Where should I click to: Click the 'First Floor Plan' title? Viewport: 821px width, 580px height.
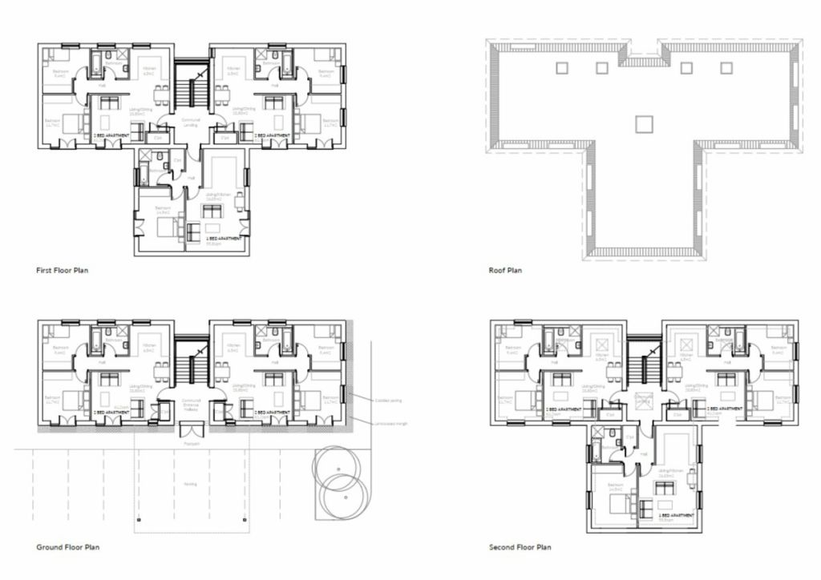pyautogui.click(x=63, y=271)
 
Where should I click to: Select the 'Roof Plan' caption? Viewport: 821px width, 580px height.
pyautogui.click(x=505, y=271)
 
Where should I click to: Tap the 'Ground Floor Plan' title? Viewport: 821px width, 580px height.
pyautogui.click(x=68, y=548)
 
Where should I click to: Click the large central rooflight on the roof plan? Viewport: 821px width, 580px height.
pyautogui.click(x=644, y=123)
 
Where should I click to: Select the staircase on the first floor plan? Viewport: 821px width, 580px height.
pyautogui.click(x=191, y=90)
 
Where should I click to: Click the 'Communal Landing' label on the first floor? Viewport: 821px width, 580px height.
pyautogui.click(x=191, y=122)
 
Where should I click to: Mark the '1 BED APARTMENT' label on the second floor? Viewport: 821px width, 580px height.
pyautogui.click(x=672, y=514)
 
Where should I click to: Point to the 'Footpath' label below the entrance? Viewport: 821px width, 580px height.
pyautogui.click(x=191, y=442)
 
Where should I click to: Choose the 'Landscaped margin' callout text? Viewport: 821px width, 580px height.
pyautogui.click(x=390, y=424)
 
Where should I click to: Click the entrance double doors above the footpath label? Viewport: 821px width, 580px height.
pyautogui.click(x=191, y=427)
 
